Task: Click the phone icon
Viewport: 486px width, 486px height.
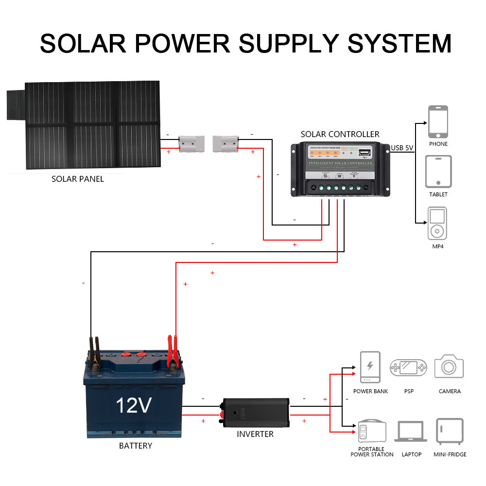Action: click(438, 122)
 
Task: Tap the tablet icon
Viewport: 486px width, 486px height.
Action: click(438, 172)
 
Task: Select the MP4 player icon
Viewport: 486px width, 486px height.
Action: click(437, 224)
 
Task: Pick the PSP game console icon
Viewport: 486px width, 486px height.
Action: click(408, 368)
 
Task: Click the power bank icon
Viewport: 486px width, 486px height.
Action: click(370, 367)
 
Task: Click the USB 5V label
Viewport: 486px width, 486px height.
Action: click(402, 147)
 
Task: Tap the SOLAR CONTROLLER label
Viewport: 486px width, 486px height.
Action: click(340, 134)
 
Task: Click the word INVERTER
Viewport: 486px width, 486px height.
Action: click(255, 434)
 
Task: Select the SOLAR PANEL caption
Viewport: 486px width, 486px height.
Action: click(78, 179)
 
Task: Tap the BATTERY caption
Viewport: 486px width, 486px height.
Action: click(136, 446)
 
